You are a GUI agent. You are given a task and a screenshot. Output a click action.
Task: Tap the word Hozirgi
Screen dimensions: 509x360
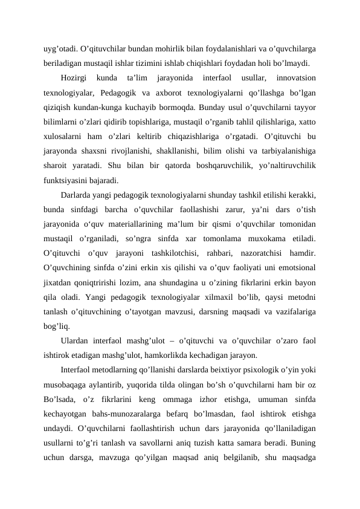pos(76,78)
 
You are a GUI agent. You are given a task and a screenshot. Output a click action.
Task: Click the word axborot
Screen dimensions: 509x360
pos(181,93)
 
